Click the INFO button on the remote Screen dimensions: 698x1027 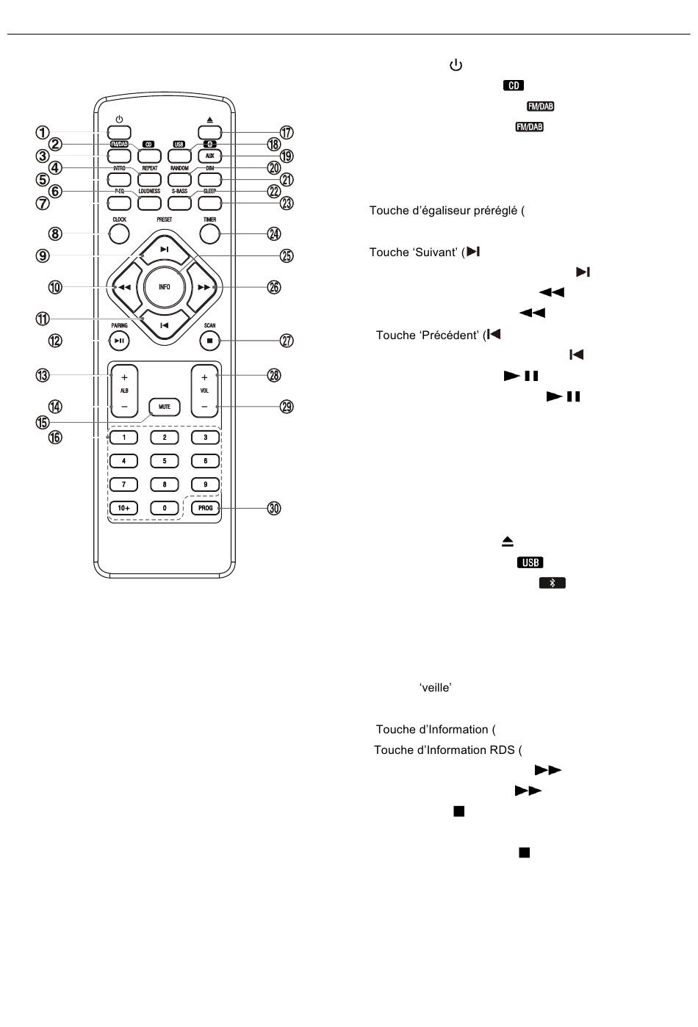165,287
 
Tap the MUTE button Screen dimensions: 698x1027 165,407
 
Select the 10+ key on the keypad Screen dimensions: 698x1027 123,508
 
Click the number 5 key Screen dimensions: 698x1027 165,461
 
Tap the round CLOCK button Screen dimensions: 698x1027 119,234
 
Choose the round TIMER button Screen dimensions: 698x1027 209,234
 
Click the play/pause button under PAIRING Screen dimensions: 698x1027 119,341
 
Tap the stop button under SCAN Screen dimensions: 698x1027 209,341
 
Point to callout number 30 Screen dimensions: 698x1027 274,508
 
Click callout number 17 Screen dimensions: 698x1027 287,132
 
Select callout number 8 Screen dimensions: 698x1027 55,234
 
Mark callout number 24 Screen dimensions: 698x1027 274,234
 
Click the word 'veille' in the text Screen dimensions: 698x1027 436,687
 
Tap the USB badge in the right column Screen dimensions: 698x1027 530,562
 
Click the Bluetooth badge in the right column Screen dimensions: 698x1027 552,583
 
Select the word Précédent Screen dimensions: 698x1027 449,335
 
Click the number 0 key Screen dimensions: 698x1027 165,508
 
